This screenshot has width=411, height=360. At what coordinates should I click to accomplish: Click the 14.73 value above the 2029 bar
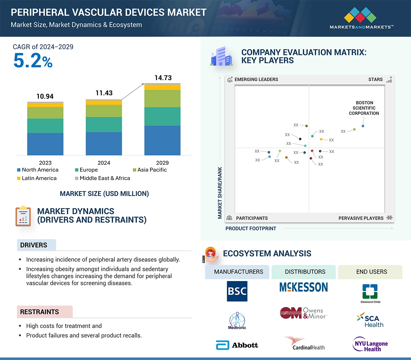coord(163,78)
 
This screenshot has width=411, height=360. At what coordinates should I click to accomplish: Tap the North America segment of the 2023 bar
coord(45,144)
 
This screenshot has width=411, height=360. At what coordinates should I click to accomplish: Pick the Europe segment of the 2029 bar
coord(162,116)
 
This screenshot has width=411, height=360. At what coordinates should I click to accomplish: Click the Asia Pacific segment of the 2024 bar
coord(104,111)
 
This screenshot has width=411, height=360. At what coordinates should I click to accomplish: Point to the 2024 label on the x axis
coord(104,162)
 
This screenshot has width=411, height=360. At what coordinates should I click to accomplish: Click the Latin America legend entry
coord(37,178)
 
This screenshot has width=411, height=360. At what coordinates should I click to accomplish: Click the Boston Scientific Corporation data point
coord(363,126)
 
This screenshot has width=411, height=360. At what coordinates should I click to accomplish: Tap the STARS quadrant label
coord(376,80)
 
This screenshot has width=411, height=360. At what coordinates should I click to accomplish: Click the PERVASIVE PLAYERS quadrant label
coord(361,218)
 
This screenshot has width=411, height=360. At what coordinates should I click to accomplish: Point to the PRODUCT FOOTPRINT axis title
coord(250,228)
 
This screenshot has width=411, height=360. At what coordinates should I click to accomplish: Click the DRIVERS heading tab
coord(34,245)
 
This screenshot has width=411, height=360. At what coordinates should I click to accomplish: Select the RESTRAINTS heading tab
coord(39,312)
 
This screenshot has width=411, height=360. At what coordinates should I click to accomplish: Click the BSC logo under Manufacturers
coord(237,291)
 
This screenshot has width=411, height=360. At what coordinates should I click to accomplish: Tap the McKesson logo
coord(304,287)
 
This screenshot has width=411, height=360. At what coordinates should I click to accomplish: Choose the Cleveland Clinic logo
coord(370,293)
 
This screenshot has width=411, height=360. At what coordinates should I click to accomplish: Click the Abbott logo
coord(237,345)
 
